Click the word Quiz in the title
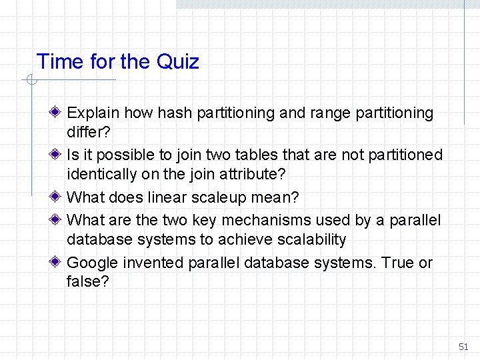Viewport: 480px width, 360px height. click(177, 62)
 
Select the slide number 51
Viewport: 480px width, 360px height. click(463, 347)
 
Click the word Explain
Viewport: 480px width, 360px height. click(93, 113)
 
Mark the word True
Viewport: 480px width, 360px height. click(398, 263)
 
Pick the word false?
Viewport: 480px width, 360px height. click(87, 281)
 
